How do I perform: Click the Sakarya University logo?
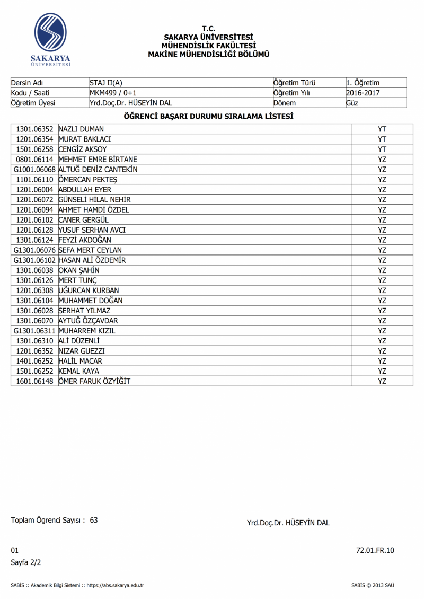51,40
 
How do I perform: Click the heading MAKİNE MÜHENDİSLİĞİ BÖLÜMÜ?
209,54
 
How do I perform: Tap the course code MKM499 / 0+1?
113,93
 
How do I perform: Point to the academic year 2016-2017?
363,93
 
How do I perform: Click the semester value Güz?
352,103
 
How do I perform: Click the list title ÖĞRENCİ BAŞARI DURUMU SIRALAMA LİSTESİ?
209,116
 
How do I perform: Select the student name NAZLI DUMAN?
81,129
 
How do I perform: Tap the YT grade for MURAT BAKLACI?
382,139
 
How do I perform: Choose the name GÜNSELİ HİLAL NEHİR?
94,199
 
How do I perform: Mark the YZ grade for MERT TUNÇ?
382,280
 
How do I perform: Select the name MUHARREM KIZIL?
86,330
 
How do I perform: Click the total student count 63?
94,520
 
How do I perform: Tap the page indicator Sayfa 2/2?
25,562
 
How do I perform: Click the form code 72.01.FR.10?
375,550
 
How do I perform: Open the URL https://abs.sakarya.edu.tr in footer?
115,585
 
